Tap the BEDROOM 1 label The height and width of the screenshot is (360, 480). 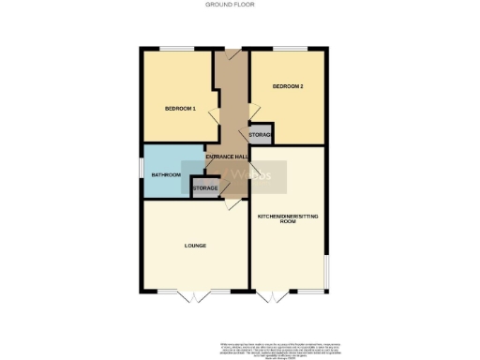point(180,109)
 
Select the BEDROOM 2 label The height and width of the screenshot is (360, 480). point(287,86)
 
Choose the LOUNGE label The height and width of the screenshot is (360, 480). point(194,246)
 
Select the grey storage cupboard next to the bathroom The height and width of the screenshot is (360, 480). point(204,187)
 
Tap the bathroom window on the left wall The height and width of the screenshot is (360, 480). point(141,172)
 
